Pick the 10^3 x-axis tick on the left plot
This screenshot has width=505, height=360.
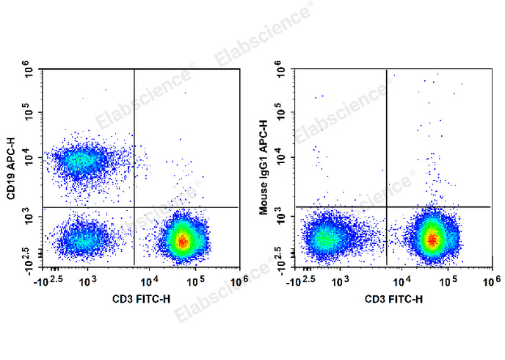[87, 281]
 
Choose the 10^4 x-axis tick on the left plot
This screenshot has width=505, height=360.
[148, 281]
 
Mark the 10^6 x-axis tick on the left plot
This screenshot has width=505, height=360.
[239, 281]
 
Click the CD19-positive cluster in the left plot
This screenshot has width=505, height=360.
[81, 159]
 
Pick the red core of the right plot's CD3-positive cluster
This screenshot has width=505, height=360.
[433, 240]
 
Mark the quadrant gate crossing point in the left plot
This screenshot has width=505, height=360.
[134, 207]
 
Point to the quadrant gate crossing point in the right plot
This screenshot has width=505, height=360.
[387, 206]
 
